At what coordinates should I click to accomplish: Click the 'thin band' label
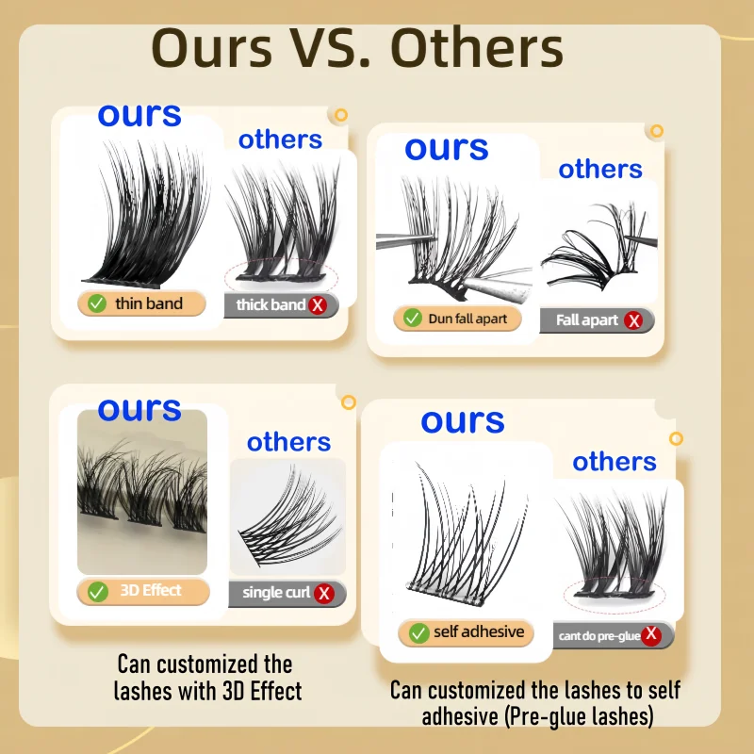tap(149, 303)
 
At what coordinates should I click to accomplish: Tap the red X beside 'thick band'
tap(318, 304)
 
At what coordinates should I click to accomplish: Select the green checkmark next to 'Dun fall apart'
tap(412, 318)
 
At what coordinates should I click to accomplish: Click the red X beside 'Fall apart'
tap(633, 320)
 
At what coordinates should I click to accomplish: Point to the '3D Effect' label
tap(151, 590)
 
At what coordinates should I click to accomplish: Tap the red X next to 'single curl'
tap(324, 593)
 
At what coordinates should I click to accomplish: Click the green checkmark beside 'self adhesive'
tap(418, 632)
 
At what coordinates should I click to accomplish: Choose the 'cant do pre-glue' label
tap(599, 636)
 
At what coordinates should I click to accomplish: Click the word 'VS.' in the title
tap(331, 49)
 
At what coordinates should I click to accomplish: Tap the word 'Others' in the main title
tap(477, 49)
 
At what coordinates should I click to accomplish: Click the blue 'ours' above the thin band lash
tap(139, 115)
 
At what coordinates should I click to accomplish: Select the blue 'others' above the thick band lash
tap(280, 139)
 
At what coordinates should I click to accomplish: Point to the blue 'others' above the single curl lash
tap(289, 442)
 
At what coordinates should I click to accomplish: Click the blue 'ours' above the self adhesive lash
tap(463, 421)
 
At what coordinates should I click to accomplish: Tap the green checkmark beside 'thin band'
tap(97, 303)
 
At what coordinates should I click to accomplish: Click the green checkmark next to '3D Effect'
tap(98, 592)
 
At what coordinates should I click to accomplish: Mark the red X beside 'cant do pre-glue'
tap(651, 634)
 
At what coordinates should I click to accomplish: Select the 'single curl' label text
tap(276, 593)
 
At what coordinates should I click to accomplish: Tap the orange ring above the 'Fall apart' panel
tap(656, 131)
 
